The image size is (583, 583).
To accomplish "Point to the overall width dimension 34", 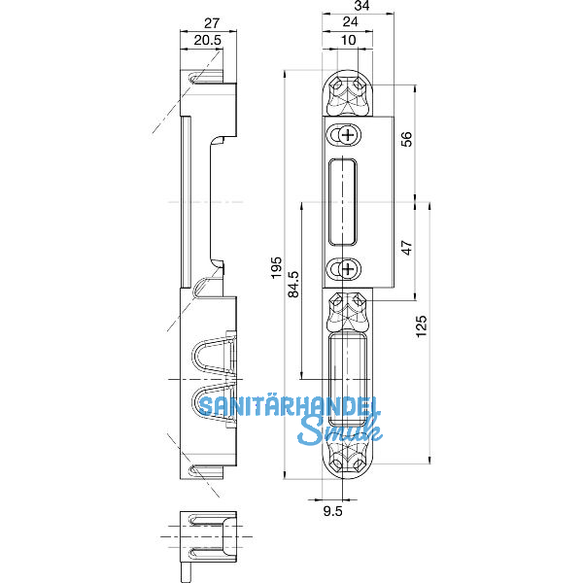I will (360, 6).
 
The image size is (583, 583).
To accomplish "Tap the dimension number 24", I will (349, 23).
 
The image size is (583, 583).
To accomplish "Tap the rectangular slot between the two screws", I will (345, 201).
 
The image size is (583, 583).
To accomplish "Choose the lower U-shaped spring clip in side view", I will (215, 408).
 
